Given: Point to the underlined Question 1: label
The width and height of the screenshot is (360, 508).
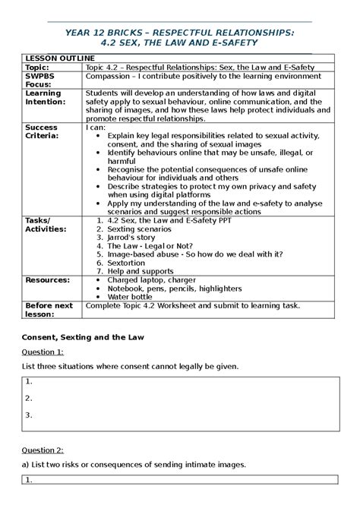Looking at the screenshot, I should click(43, 352).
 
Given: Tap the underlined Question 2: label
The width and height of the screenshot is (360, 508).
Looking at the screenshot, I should click(43, 450).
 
